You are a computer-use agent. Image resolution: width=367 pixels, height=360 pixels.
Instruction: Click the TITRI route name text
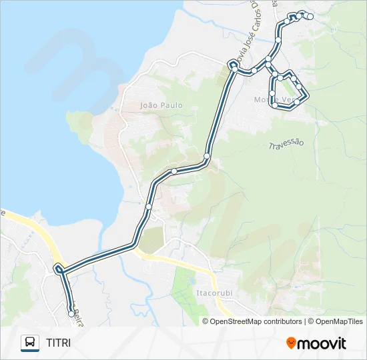point(58,343)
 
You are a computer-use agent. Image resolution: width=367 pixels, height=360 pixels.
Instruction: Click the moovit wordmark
point(322,343)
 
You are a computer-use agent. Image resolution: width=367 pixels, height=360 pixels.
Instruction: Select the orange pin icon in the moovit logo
point(291,343)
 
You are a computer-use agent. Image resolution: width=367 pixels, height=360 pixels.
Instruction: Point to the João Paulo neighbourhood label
point(161,105)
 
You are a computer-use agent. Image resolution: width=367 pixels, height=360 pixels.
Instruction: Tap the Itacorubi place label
point(212,292)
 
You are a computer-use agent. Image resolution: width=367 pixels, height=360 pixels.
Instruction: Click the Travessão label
point(286,144)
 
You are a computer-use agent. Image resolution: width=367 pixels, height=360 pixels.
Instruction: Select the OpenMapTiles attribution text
point(340,321)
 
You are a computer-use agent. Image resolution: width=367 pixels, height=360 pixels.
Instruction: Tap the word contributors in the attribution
point(283,321)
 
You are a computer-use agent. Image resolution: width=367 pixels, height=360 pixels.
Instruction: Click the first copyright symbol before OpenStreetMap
point(206,321)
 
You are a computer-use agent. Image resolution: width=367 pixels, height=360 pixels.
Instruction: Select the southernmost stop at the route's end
point(71,313)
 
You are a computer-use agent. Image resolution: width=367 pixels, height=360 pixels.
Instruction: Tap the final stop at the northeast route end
point(310,17)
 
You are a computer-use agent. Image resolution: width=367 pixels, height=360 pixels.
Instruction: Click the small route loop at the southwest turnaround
point(59,269)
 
